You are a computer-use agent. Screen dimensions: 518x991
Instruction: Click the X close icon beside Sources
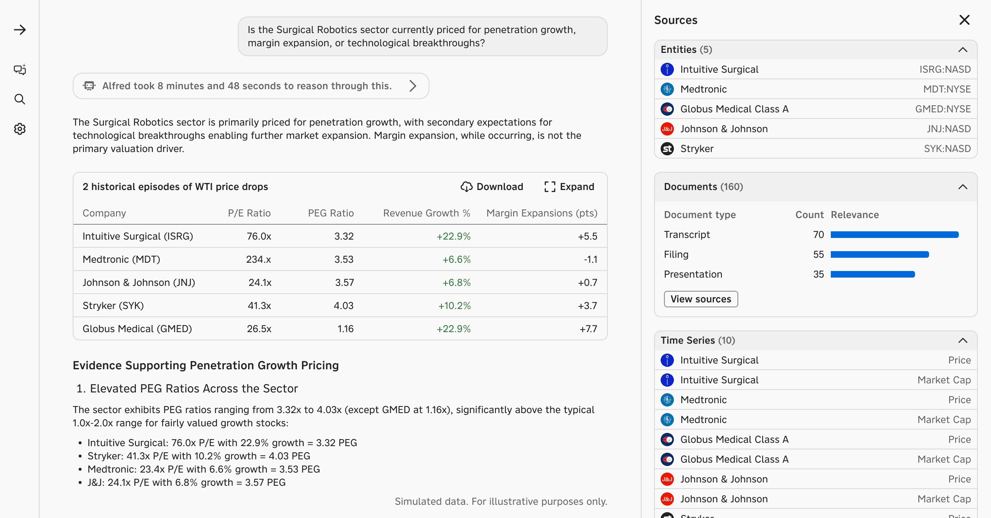(x=964, y=20)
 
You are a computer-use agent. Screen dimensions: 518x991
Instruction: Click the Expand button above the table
(x=569, y=187)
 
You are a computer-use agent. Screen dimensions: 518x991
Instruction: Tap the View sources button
(x=701, y=299)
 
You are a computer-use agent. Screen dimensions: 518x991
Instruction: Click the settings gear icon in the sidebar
(x=20, y=129)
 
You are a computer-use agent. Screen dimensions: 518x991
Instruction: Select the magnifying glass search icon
(x=20, y=99)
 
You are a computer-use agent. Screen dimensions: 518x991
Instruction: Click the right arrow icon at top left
(x=20, y=30)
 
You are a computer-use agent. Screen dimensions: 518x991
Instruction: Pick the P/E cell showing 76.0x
(x=259, y=236)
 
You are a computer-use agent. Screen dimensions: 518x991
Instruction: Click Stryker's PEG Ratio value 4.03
(x=344, y=306)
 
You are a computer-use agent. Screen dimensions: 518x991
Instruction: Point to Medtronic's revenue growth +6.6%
(x=456, y=259)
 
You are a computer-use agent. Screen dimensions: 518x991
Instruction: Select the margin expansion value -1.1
(x=590, y=259)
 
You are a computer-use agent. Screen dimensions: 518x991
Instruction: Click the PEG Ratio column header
(x=331, y=213)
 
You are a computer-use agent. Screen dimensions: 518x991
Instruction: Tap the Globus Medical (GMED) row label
(x=137, y=329)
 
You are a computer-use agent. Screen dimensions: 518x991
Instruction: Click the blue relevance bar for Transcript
(x=894, y=235)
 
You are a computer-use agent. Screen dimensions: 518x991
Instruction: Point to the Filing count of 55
(x=818, y=254)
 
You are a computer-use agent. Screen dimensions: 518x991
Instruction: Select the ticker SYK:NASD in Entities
(x=947, y=149)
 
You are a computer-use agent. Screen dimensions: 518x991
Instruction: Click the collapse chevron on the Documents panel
(x=963, y=187)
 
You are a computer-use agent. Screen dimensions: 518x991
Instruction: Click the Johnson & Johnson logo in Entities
(x=667, y=129)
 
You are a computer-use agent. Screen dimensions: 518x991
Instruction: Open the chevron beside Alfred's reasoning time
(x=413, y=86)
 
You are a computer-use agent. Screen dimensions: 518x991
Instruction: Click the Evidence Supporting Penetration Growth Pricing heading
(x=206, y=366)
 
